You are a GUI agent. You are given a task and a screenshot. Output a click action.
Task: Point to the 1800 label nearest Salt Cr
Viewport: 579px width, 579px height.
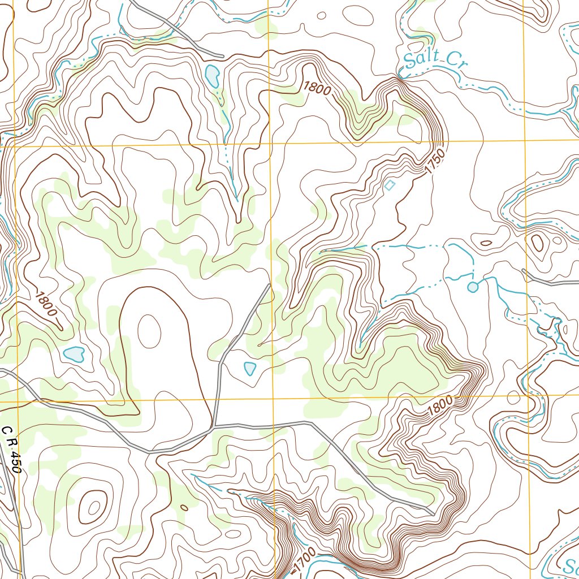[316, 89]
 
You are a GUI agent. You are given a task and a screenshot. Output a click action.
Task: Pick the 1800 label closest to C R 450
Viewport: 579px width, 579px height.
[46, 303]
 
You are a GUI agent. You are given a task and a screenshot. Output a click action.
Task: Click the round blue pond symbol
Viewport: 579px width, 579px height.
[473, 287]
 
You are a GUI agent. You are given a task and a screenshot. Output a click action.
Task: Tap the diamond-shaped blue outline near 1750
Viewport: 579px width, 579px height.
[390, 184]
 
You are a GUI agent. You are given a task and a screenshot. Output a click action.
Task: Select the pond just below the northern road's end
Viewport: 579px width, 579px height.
[213, 76]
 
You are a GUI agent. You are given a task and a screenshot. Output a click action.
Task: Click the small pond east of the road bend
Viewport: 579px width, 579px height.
[249, 368]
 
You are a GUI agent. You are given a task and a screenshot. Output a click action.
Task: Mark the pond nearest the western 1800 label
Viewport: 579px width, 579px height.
[74, 355]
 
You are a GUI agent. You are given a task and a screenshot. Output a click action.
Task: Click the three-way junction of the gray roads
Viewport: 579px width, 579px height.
[213, 427]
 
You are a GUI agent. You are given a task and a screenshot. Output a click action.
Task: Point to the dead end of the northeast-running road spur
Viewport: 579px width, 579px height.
[269, 285]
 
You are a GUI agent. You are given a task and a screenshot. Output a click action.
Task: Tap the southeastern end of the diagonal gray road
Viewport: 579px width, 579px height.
[433, 513]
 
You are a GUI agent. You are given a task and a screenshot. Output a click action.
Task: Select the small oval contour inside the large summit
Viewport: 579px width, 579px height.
[149, 331]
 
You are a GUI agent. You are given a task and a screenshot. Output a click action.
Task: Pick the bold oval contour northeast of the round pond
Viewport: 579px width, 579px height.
[537, 243]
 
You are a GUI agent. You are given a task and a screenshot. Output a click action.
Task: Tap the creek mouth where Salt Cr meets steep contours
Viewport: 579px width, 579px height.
[399, 77]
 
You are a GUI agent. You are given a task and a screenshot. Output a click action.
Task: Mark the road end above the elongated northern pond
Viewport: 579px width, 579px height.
[223, 56]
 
